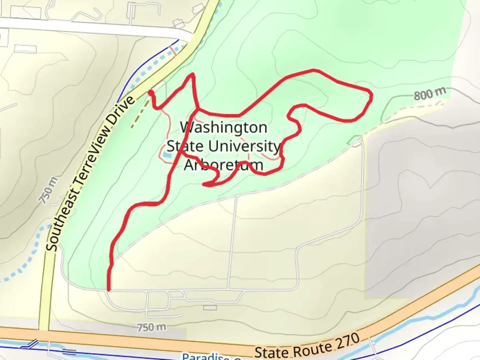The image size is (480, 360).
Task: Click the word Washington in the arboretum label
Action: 224,128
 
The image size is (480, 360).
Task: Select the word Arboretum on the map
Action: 224,165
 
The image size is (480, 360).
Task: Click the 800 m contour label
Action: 430,94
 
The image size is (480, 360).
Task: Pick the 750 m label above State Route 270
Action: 152,327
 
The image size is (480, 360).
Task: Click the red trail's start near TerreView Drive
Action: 151,92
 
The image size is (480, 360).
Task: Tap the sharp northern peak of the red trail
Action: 192,74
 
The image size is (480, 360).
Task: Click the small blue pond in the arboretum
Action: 166,155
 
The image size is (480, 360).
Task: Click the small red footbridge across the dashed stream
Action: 173,50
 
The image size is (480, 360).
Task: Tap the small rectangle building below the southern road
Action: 210,307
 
